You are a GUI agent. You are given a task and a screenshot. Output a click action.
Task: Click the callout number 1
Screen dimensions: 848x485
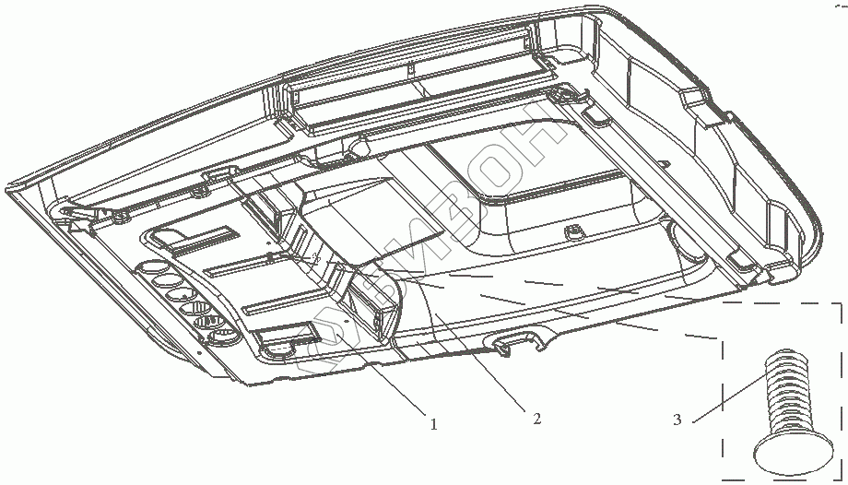(432, 425)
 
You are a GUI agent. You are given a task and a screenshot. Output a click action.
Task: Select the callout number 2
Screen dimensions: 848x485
(536, 419)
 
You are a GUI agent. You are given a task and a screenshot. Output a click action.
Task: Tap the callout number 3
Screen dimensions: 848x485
(677, 420)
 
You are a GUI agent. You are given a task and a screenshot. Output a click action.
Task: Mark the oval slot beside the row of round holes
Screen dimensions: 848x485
(278, 349)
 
